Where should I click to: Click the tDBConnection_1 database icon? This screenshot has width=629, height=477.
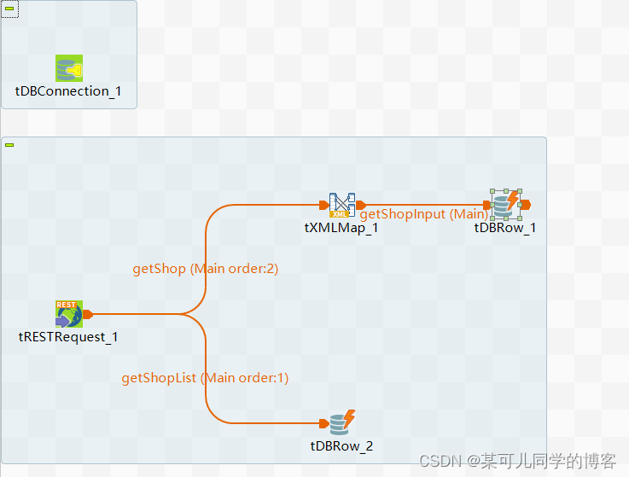[68, 68]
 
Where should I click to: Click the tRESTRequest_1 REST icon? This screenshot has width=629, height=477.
[68, 314]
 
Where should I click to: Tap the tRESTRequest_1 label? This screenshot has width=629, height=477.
[68, 337]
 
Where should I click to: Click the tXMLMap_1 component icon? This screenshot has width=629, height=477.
[341, 205]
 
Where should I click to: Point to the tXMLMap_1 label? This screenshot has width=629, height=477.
[341, 228]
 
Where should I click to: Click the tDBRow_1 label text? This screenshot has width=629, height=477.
[505, 228]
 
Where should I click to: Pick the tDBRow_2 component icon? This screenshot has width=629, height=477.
[342, 422]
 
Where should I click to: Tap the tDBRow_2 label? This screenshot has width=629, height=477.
[341, 445]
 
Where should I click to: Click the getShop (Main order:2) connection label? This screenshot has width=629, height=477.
[205, 269]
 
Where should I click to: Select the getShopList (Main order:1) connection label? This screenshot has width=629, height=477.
[205, 378]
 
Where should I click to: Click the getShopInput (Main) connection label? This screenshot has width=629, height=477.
[423, 214]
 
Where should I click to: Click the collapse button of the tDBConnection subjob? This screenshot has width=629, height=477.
[9, 8]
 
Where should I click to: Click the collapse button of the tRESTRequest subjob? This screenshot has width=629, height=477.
[9, 145]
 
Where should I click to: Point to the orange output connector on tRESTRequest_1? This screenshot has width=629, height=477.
[88, 314]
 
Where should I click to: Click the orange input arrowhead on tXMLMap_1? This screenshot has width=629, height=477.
[323, 205]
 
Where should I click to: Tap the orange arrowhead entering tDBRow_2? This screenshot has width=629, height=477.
[323, 423]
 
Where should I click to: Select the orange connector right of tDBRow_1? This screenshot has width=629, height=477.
[526, 204]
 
